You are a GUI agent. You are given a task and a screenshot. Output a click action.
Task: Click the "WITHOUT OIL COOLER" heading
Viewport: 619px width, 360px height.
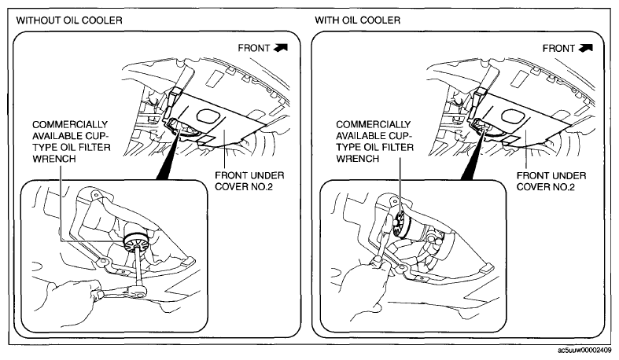69,20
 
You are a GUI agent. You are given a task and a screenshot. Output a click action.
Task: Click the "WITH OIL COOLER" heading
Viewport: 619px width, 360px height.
358,20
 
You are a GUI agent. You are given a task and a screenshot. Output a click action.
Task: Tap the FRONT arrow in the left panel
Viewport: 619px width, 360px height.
280,48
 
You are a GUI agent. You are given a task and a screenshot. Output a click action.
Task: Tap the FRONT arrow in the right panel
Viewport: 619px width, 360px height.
585,48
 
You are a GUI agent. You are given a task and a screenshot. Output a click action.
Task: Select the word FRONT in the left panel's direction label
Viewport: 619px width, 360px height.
254,48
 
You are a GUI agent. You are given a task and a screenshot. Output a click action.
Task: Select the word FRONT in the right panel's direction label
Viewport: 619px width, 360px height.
558,49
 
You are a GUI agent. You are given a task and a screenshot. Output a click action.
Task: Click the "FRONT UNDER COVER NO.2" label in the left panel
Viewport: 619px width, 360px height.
249,181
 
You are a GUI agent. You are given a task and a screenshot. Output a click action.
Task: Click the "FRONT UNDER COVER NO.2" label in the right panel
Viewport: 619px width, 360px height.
551,182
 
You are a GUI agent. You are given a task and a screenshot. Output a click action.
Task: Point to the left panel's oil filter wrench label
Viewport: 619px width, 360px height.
71,141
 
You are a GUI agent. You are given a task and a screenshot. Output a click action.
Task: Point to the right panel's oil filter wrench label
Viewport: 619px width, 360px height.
374,141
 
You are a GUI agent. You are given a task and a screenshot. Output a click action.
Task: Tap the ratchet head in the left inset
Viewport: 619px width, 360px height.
139,291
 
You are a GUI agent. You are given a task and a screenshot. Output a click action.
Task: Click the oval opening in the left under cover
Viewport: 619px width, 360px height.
209,116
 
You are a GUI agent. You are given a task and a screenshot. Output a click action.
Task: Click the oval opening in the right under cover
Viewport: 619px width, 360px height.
514,116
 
